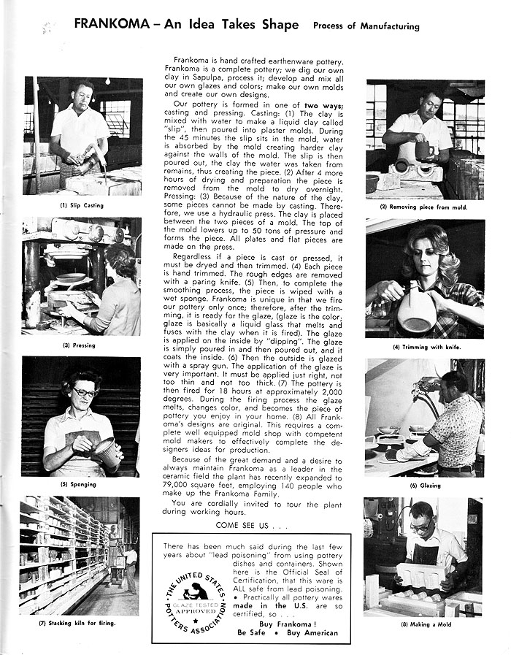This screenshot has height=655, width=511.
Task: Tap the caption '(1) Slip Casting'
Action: (82, 205)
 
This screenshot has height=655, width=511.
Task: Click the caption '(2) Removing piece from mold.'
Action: (423, 207)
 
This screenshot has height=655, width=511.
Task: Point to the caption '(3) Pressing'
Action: (79, 345)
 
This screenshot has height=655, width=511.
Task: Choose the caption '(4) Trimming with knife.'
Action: (427, 347)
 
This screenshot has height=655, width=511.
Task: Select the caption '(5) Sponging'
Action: (80, 484)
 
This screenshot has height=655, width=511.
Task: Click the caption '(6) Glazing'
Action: (423, 485)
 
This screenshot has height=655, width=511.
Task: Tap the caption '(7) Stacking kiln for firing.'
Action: (78, 623)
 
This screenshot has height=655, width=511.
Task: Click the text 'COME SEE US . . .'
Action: (252, 525)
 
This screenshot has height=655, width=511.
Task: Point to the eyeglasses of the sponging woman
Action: (85, 392)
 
